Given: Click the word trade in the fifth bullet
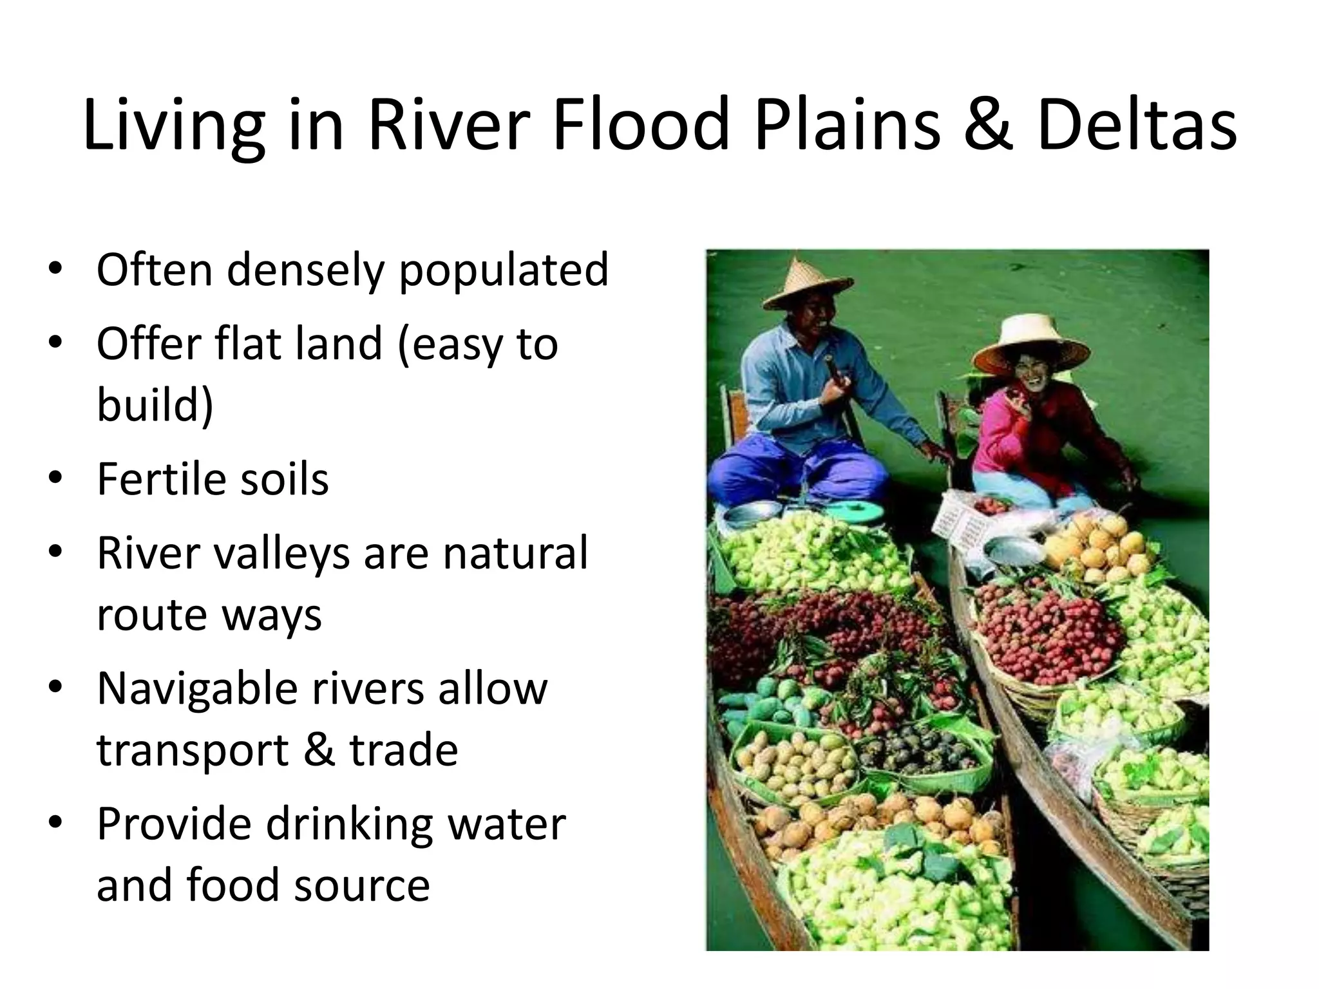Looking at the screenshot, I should point(403,750).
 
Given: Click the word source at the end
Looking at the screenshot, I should point(361,885).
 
